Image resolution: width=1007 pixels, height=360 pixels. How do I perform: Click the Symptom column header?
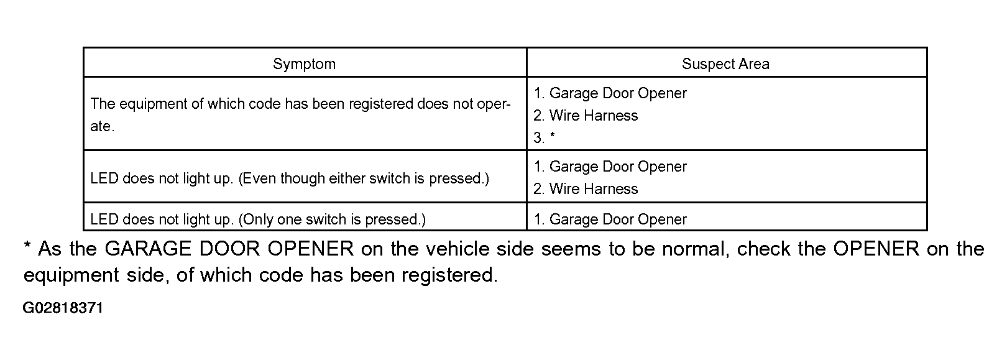click(x=304, y=64)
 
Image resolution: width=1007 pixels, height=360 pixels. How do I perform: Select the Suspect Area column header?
click(x=725, y=64)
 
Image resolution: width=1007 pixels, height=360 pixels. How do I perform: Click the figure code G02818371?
click(x=63, y=308)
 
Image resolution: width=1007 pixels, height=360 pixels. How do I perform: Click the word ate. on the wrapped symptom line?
click(x=103, y=126)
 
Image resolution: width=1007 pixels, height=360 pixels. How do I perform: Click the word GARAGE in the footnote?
click(x=148, y=249)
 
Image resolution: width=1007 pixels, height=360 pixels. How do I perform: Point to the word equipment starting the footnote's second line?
click(x=71, y=275)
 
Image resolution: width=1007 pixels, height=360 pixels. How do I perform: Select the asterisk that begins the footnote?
click(x=28, y=246)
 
